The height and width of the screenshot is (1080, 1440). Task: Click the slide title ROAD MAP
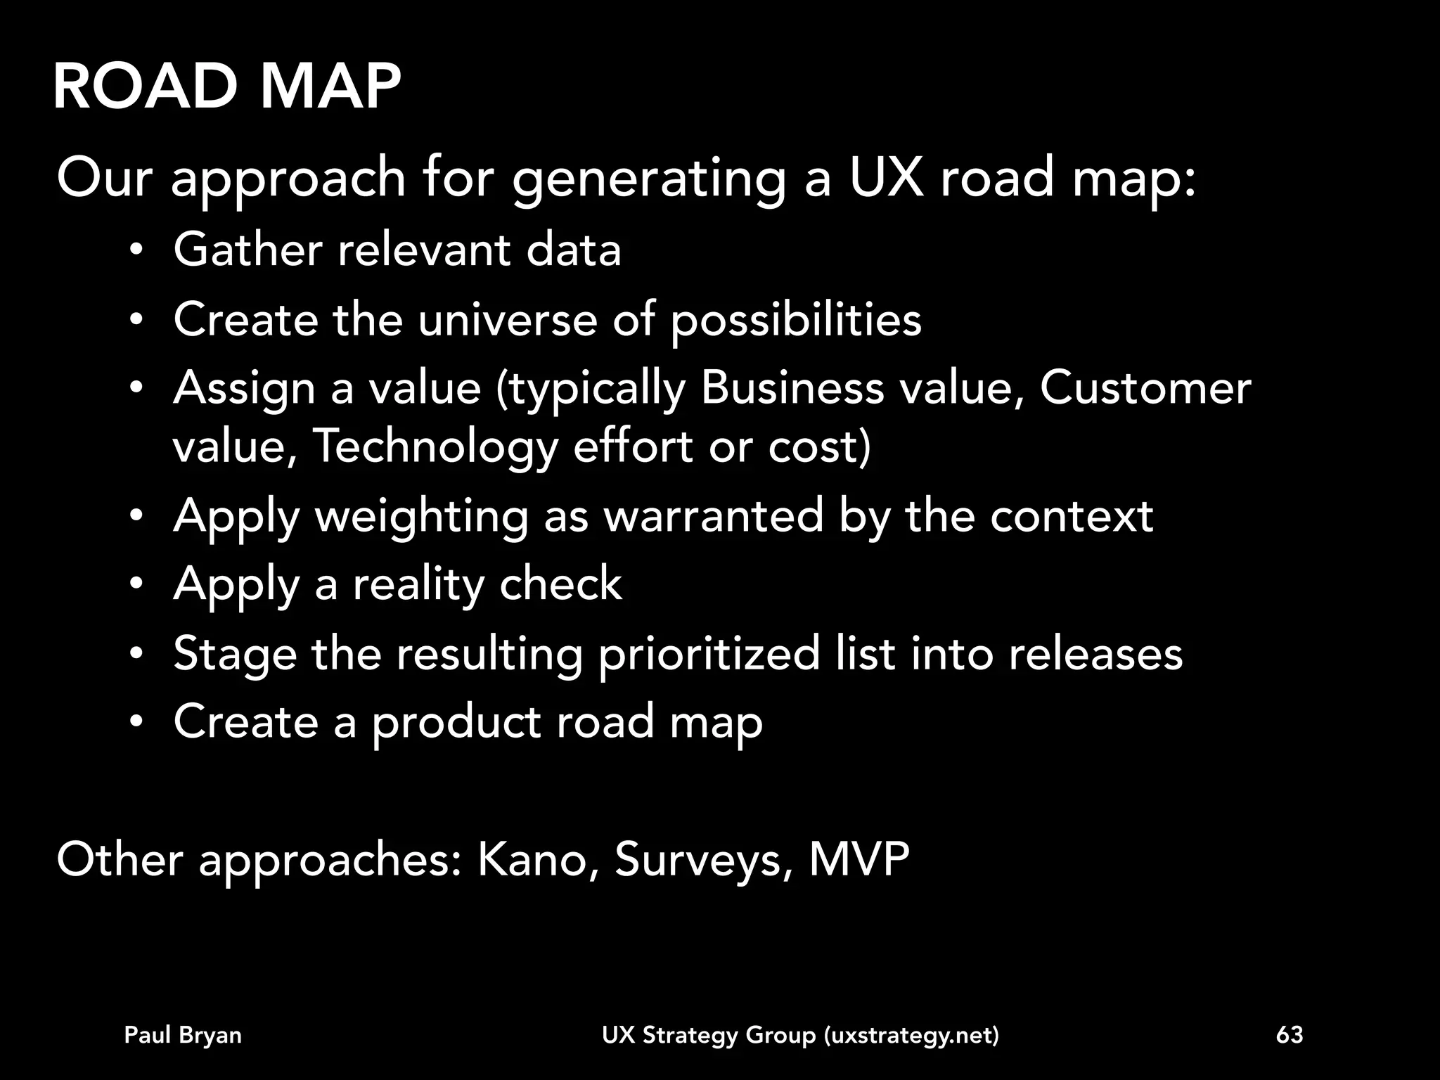click(x=226, y=87)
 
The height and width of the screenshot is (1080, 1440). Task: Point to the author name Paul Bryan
click(x=183, y=1035)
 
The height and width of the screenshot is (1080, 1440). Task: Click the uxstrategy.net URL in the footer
click(x=911, y=1036)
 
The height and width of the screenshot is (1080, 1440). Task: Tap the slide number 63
click(x=1290, y=1035)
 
